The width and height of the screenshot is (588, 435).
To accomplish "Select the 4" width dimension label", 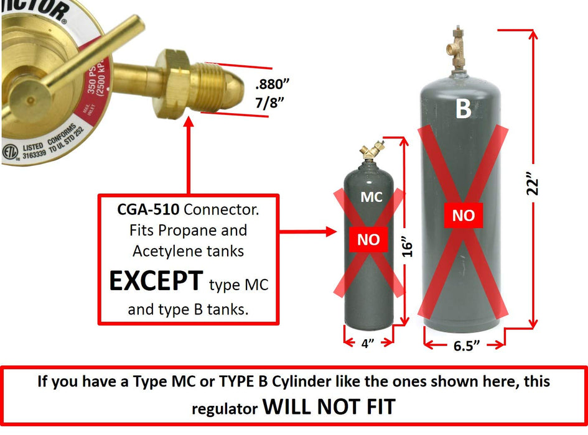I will [368, 342].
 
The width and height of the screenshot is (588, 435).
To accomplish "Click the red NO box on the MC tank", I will [368, 240].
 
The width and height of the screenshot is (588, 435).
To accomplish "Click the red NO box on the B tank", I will [463, 216].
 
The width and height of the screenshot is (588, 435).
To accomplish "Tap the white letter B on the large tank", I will [463, 109].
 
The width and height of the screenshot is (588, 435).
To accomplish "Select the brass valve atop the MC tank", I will [368, 153].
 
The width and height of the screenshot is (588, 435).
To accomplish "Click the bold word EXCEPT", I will [156, 282].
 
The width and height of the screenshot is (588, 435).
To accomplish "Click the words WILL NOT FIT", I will [329, 406].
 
